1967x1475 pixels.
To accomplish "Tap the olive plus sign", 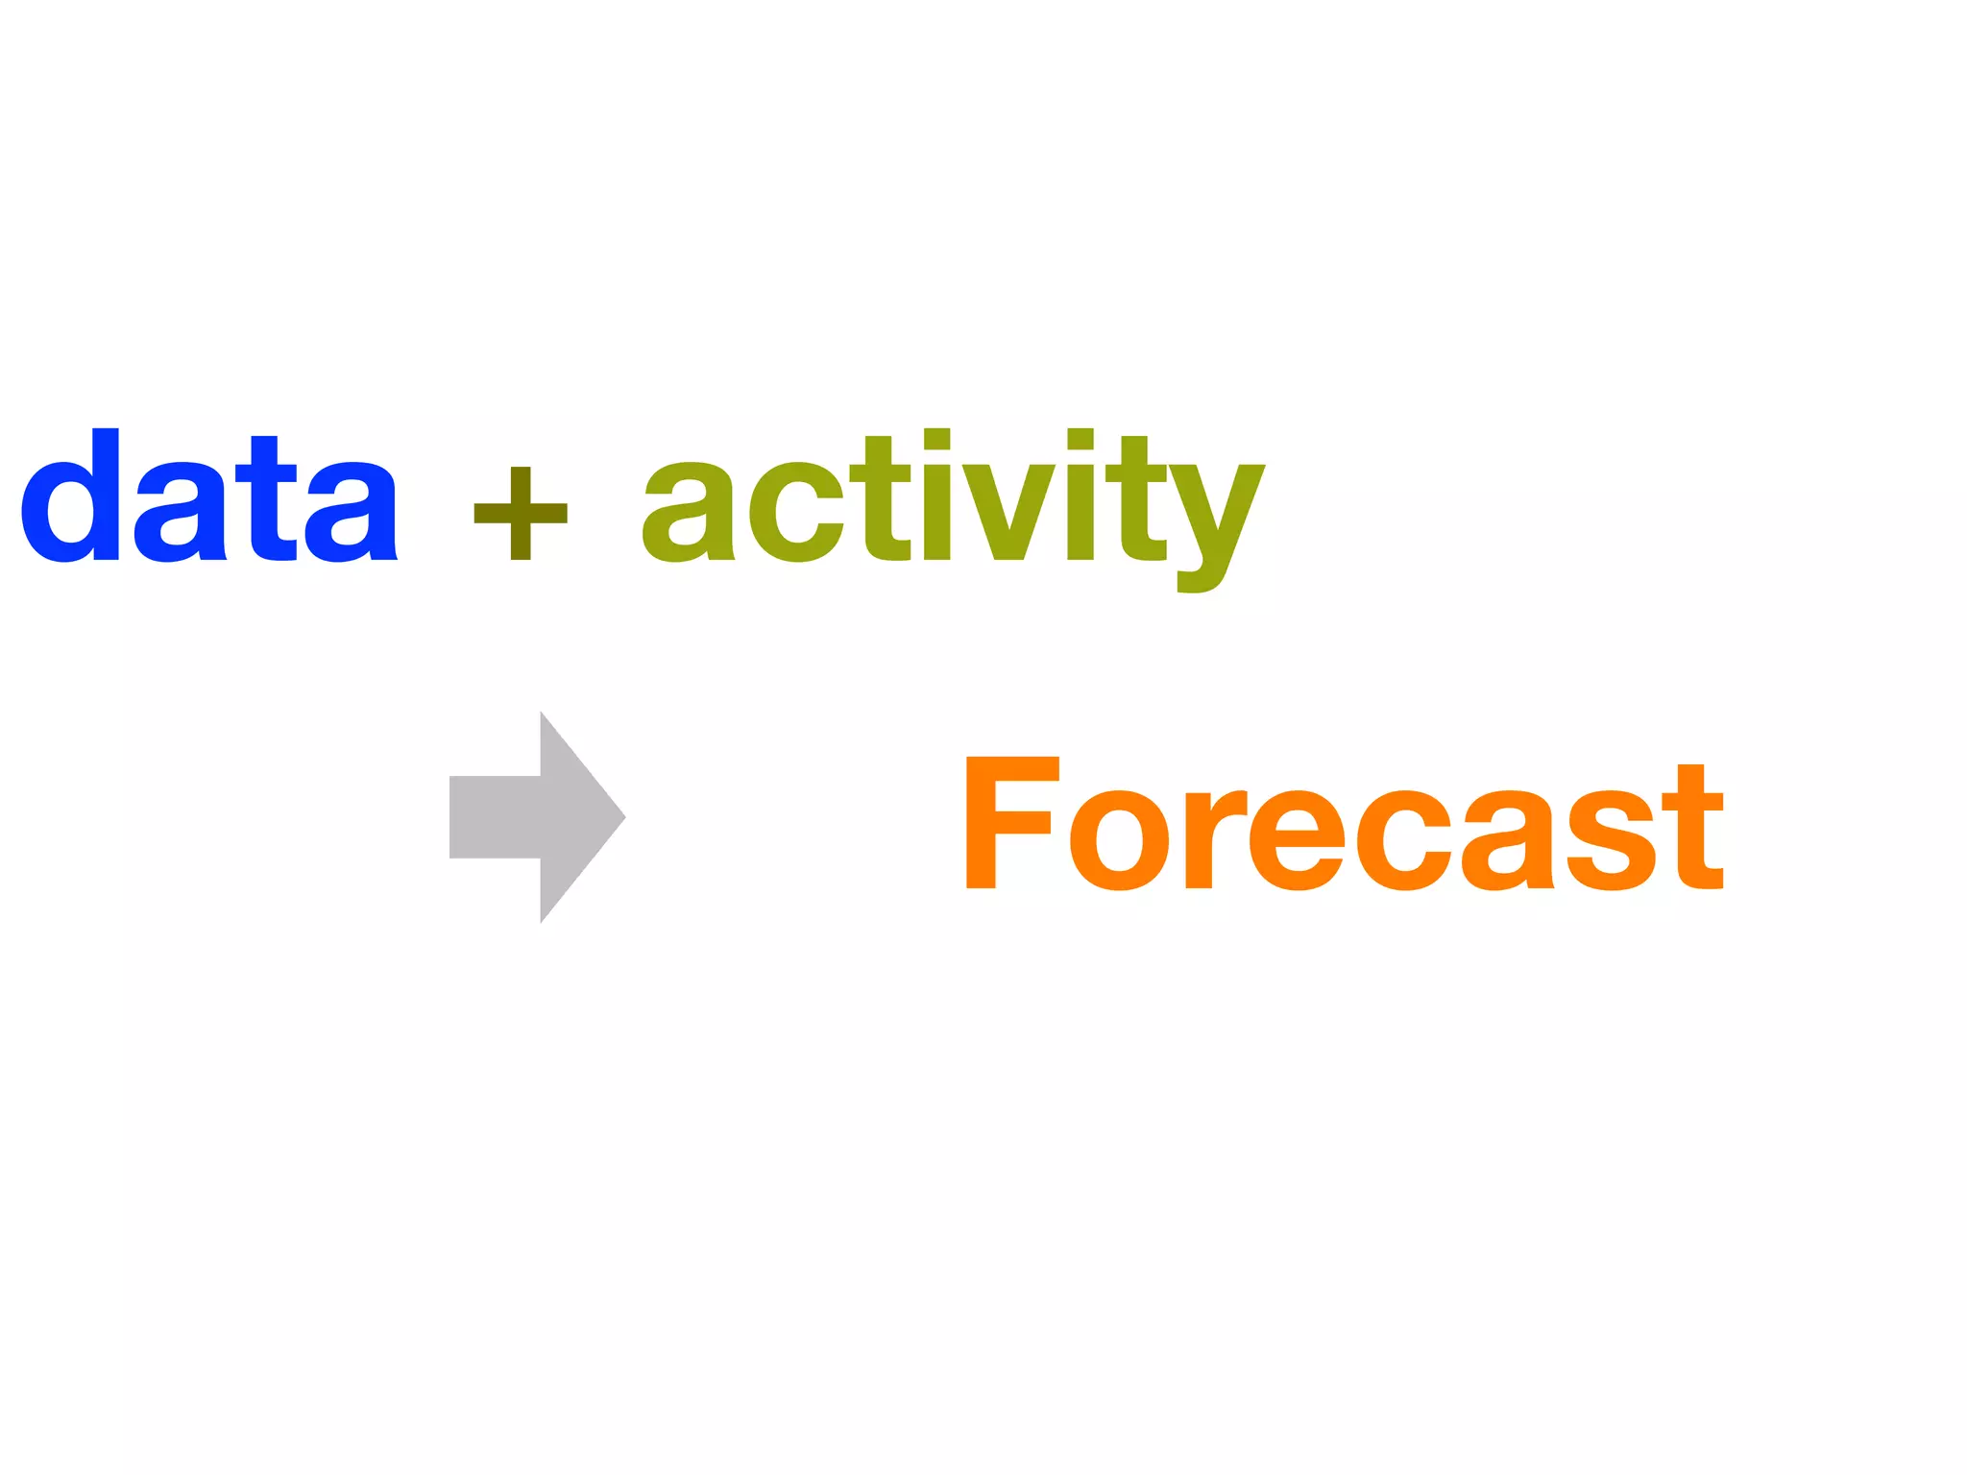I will (521, 513).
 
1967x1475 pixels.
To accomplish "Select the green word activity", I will (953, 499).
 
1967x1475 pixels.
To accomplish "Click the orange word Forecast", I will (1345, 824).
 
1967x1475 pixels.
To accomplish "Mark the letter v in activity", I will (1009, 513).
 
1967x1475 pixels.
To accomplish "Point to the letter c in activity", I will (794, 513).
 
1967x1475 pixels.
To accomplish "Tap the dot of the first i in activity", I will (936, 439).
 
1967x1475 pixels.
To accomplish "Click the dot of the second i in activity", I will (1081, 439).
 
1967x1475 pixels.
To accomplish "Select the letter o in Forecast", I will (1119, 840).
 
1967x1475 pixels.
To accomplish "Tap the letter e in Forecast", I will (1297, 840).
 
